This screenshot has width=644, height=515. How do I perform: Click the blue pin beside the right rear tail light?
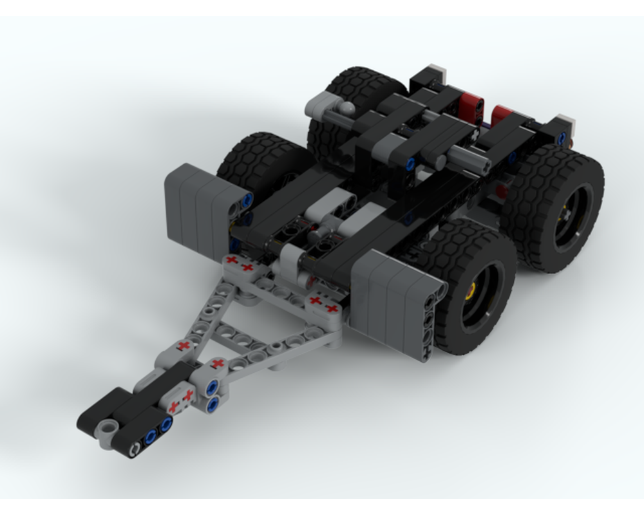tap(563, 137)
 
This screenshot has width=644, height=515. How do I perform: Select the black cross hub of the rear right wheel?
tap(567, 212)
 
